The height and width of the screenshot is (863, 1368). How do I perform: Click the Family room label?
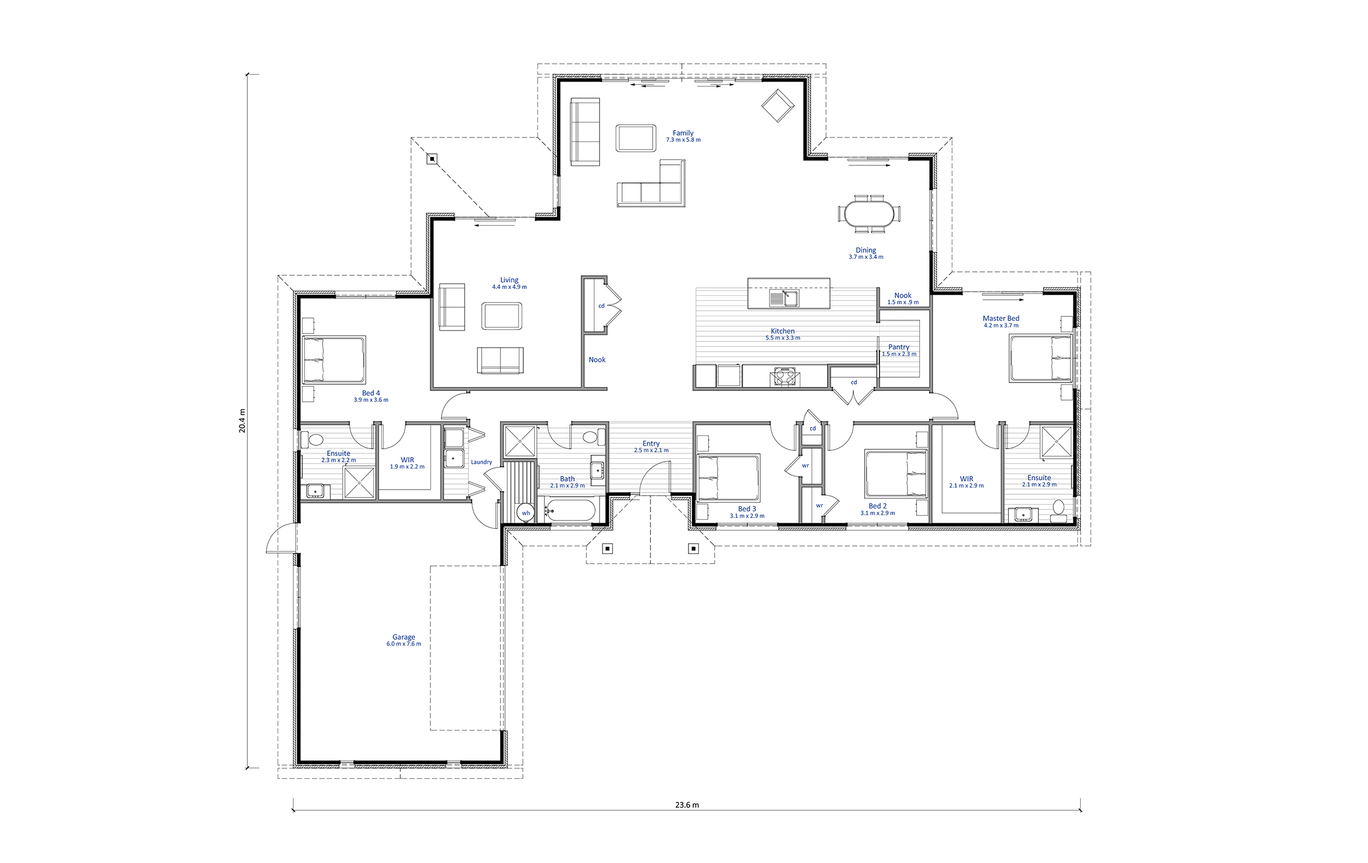pyautogui.click(x=683, y=133)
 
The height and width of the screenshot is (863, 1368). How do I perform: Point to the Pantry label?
pyautogui.click(x=899, y=347)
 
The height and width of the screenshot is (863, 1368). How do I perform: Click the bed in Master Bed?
pyautogui.click(x=1041, y=357)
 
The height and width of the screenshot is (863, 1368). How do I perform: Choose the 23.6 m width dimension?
pyautogui.click(x=687, y=805)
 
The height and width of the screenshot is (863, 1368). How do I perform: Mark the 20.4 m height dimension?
pyautogui.click(x=242, y=421)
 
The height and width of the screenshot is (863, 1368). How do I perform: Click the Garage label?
pyautogui.click(x=404, y=637)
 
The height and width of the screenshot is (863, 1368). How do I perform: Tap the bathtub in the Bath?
pyautogui.click(x=570, y=510)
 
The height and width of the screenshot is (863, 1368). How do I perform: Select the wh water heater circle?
pyautogui.click(x=526, y=512)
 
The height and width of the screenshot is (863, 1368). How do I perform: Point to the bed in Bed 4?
pyautogui.click(x=334, y=360)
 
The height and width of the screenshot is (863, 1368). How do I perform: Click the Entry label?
pyautogui.click(x=651, y=443)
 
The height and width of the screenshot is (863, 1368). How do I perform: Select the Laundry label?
pyautogui.click(x=482, y=462)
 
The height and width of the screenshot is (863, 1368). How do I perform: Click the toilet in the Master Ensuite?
pyautogui.click(x=1058, y=511)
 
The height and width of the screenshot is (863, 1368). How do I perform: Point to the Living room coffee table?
pyautogui.click(x=502, y=316)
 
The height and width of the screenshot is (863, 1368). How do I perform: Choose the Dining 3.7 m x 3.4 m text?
pyautogui.click(x=866, y=253)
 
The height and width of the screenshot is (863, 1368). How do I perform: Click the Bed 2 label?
pyautogui.click(x=878, y=506)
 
